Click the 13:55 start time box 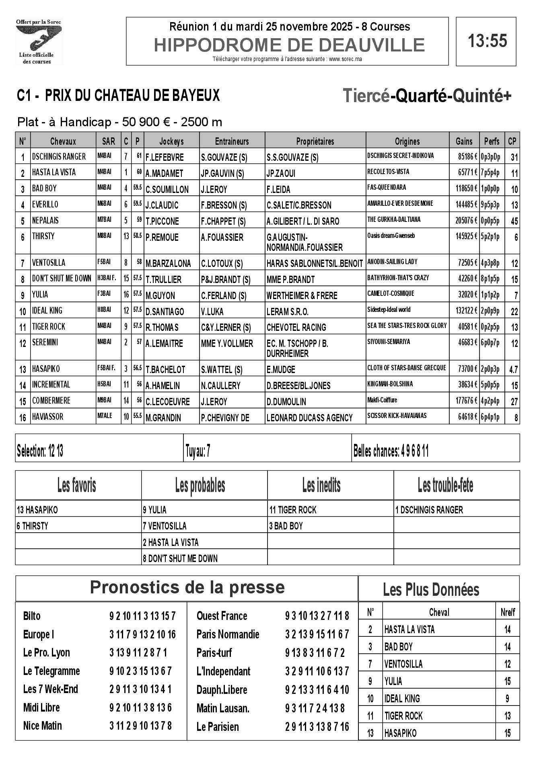click(486, 41)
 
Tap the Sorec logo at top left click(39, 42)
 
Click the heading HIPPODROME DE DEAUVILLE click(289, 45)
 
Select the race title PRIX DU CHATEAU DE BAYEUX click(132, 96)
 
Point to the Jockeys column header click(171, 141)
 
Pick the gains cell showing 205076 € click(464, 221)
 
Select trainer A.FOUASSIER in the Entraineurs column click(222, 238)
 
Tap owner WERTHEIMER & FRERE click(302, 295)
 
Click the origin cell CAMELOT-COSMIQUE click(391, 294)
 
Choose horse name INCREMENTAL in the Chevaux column click(51, 385)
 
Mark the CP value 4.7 click(513, 369)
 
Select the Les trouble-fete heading click(445, 486)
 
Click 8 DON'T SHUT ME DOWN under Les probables click(180, 558)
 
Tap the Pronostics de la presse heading click(187, 587)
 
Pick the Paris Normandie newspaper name click(228, 634)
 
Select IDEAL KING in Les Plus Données click(402, 698)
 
